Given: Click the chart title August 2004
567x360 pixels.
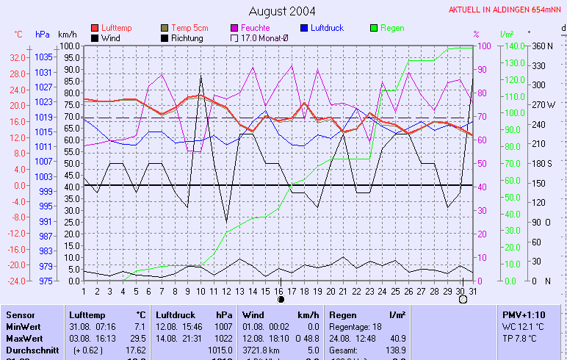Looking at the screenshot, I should (x=282, y=11).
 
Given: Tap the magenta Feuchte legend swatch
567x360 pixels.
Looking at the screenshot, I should (x=235, y=28).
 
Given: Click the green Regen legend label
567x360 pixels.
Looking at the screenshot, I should (x=392, y=28).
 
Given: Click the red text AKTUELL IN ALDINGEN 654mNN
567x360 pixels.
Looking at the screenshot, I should (x=505, y=10).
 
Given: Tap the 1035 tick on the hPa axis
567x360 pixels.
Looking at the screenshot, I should (x=43, y=57).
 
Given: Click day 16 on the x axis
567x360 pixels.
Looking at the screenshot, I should (x=280, y=290).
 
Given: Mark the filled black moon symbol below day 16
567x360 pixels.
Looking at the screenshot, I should (x=280, y=299).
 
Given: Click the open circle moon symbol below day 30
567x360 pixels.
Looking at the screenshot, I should (x=463, y=299).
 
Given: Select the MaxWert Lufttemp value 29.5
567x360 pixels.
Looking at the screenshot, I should (x=137, y=338).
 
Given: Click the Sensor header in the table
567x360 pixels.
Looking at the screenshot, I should (x=19, y=314).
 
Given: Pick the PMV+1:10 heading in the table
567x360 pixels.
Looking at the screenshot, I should (x=523, y=314).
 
